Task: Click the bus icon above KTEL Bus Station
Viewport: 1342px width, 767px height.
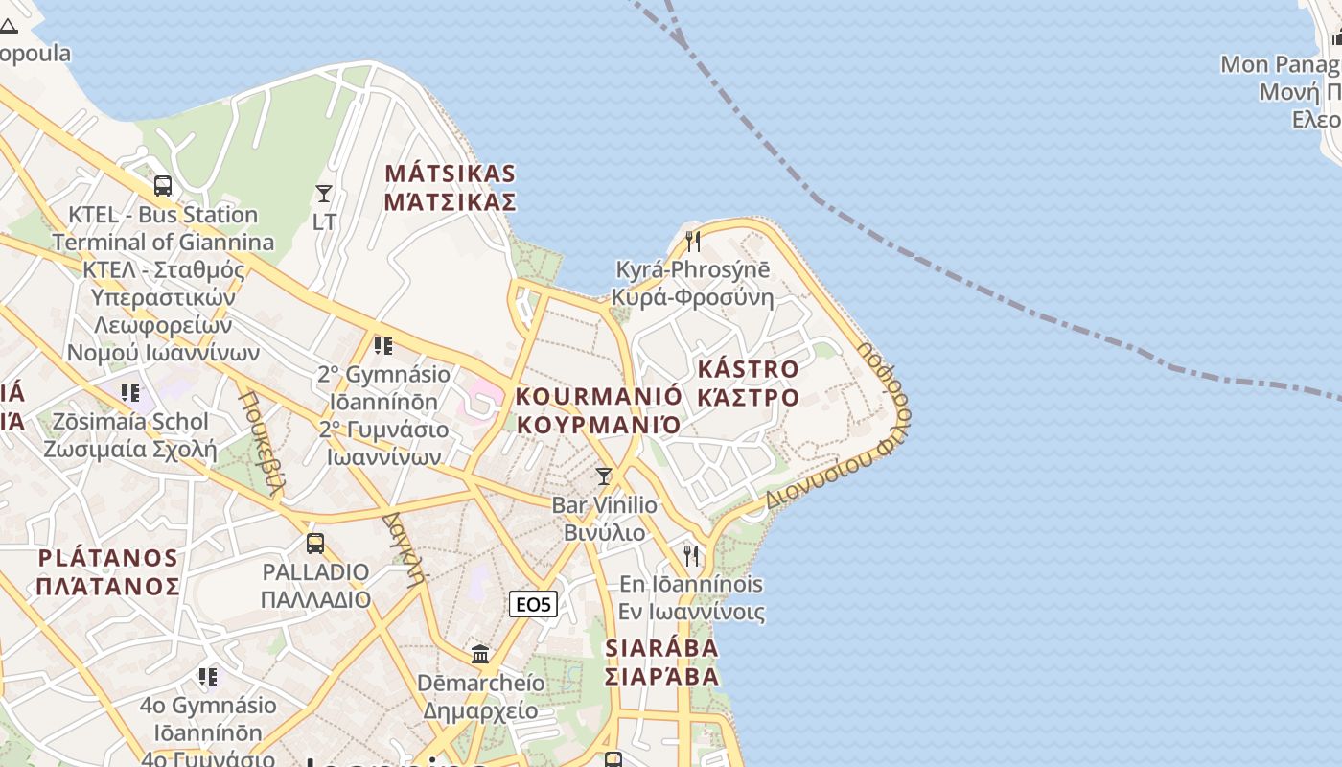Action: pos(163,186)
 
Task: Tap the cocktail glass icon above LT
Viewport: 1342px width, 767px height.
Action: pos(324,195)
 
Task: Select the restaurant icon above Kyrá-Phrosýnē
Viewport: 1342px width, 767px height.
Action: pos(693,241)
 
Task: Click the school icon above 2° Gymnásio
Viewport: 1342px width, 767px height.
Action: pos(383,345)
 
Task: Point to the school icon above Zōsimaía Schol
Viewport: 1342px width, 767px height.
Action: pos(130,393)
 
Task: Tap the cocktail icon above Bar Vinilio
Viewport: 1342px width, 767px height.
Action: pos(604,476)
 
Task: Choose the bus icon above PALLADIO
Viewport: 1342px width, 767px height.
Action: pos(315,544)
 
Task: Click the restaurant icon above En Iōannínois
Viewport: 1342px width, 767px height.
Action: pos(691,555)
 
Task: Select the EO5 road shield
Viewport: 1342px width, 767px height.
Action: pos(533,604)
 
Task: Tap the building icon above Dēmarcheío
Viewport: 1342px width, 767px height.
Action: pos(480,655)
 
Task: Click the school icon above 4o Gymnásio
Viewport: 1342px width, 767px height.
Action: pos(208,678)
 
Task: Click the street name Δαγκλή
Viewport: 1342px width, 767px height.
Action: pos(404,546)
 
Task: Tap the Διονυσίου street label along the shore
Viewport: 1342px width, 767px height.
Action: pos(820,479)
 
